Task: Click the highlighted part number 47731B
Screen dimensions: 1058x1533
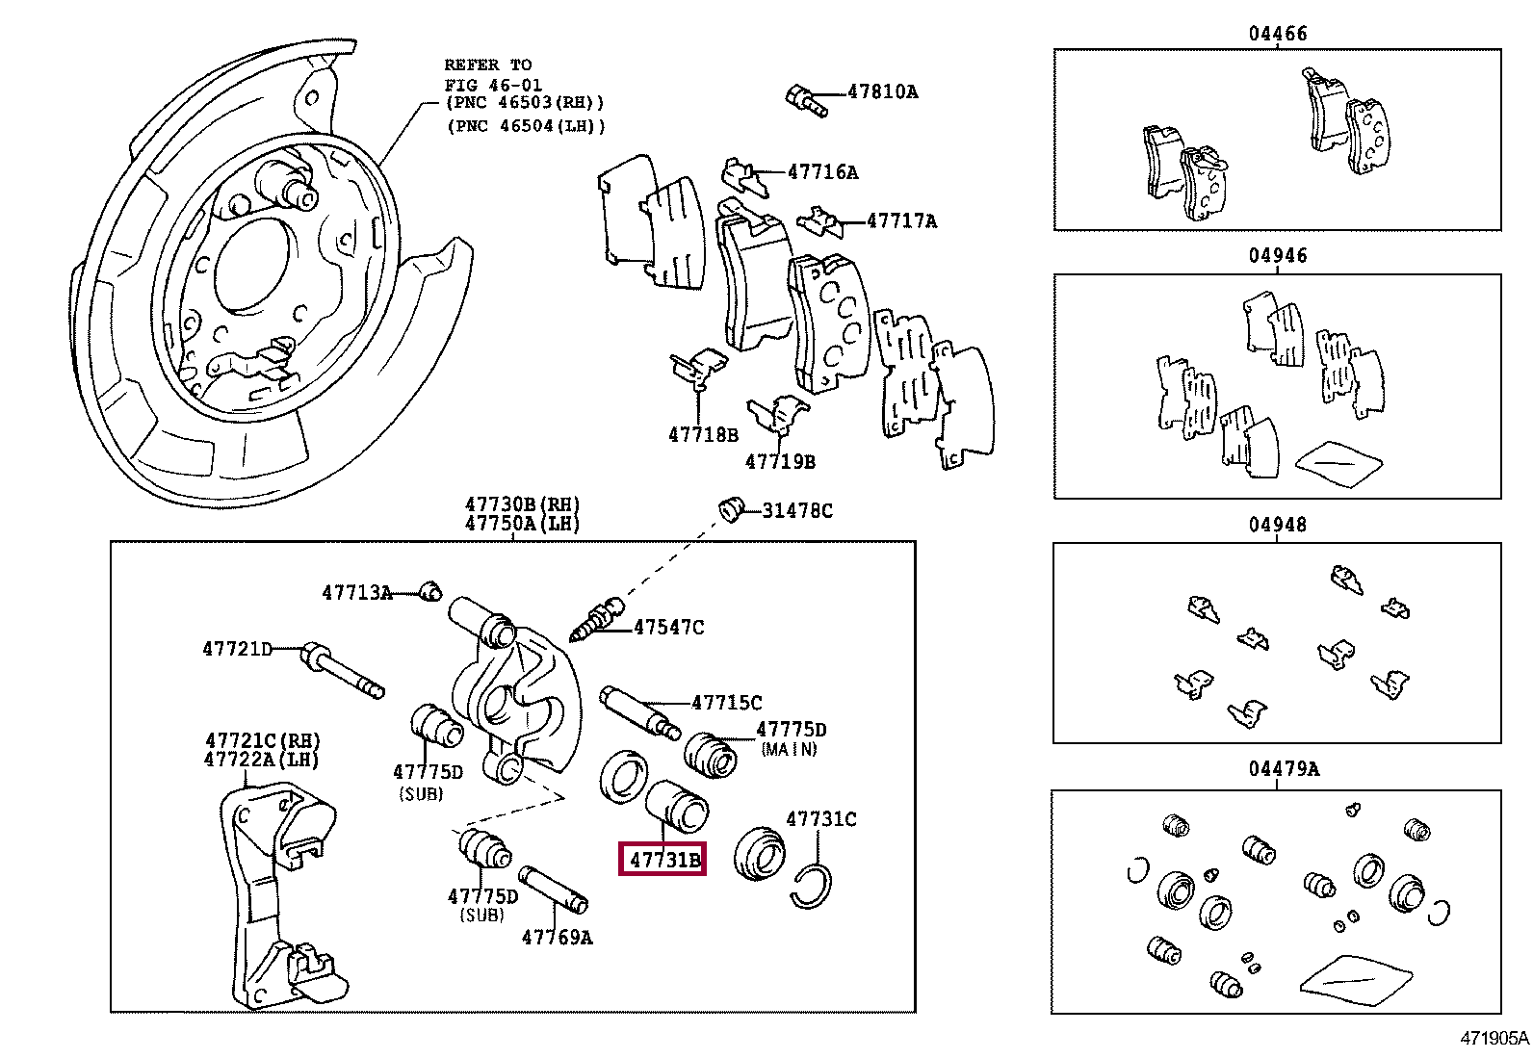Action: pyautogui.click(x=663, y=858)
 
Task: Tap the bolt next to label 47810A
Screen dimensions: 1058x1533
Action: pyautogui.click(x=806, y=100)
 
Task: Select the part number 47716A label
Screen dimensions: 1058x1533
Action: pyautogui.click(x=821, y=172)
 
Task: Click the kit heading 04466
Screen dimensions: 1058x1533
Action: pyautogui.click(x=1278, y=34)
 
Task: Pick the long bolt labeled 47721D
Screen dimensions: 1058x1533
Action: pyautogui.click(x=342, y=669)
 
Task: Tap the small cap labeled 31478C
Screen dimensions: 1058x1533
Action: pyautogui.click(x=732, y=508)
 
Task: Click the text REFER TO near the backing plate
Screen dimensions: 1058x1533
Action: pyautogui.click(x=487, y=65)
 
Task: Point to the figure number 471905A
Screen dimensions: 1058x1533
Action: pyautogui.click(x=1493, y=1038)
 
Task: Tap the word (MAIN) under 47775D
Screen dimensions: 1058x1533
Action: pyautogui.click(x=788, y=749)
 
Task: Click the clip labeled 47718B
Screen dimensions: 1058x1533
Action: pyautogui.click(x=701, y=367)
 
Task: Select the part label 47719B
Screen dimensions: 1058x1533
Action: pyautogui.click(x=779, y=461)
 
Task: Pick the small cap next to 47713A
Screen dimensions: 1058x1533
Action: pyautogui.click(x=431, y=590)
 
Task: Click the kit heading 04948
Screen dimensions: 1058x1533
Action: pyautogui.click(x=1278, y=525)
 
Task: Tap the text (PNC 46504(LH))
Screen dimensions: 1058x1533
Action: pyautogui.click(x=525, y=125)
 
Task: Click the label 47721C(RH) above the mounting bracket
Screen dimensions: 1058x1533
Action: pyautogui.click(x=261, y=740)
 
